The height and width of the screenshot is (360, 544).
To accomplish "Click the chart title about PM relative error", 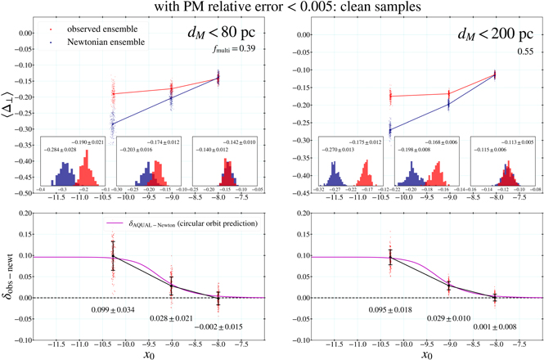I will tap(272, 8).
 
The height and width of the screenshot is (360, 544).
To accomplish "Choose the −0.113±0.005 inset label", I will tap(514, 140).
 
